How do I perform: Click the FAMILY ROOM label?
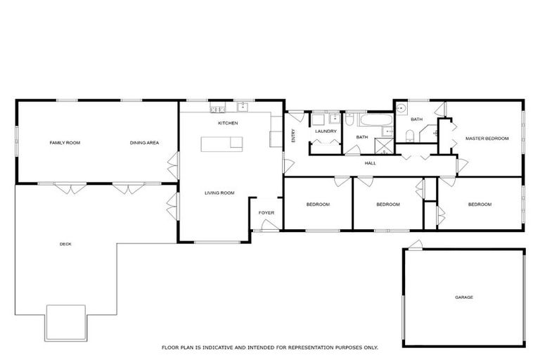pos(65,143)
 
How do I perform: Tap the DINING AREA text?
pos(144,143)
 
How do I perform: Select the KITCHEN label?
pos(228,123)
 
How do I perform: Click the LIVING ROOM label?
pos(219,193)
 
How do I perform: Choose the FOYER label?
pos(266,212)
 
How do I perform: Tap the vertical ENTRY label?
pos(294,136)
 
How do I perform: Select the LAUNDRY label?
pos(326,131)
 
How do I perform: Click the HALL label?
pos(370,163)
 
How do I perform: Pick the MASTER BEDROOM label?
pos(487,139)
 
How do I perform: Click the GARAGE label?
pos(463,297)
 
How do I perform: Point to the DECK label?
pos(65,244)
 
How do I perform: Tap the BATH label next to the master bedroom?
pos(416,120)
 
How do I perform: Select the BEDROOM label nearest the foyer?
pos(318,205)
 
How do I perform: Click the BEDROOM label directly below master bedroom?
pos(480,205)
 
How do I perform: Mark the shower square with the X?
pos(384,146)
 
